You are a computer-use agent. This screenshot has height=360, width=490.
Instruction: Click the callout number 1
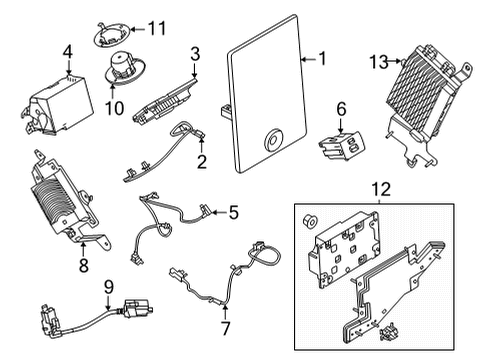[322, 59]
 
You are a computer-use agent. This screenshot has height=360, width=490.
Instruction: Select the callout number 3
[196, 54]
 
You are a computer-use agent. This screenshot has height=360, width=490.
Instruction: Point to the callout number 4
[67, 52]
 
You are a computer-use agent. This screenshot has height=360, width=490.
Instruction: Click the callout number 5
[233, 211]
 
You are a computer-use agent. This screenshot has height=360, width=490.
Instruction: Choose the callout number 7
[226, 327]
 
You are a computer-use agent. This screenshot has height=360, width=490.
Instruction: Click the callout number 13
[377, 62]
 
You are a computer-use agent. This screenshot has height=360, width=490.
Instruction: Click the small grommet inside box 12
[310, 219]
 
